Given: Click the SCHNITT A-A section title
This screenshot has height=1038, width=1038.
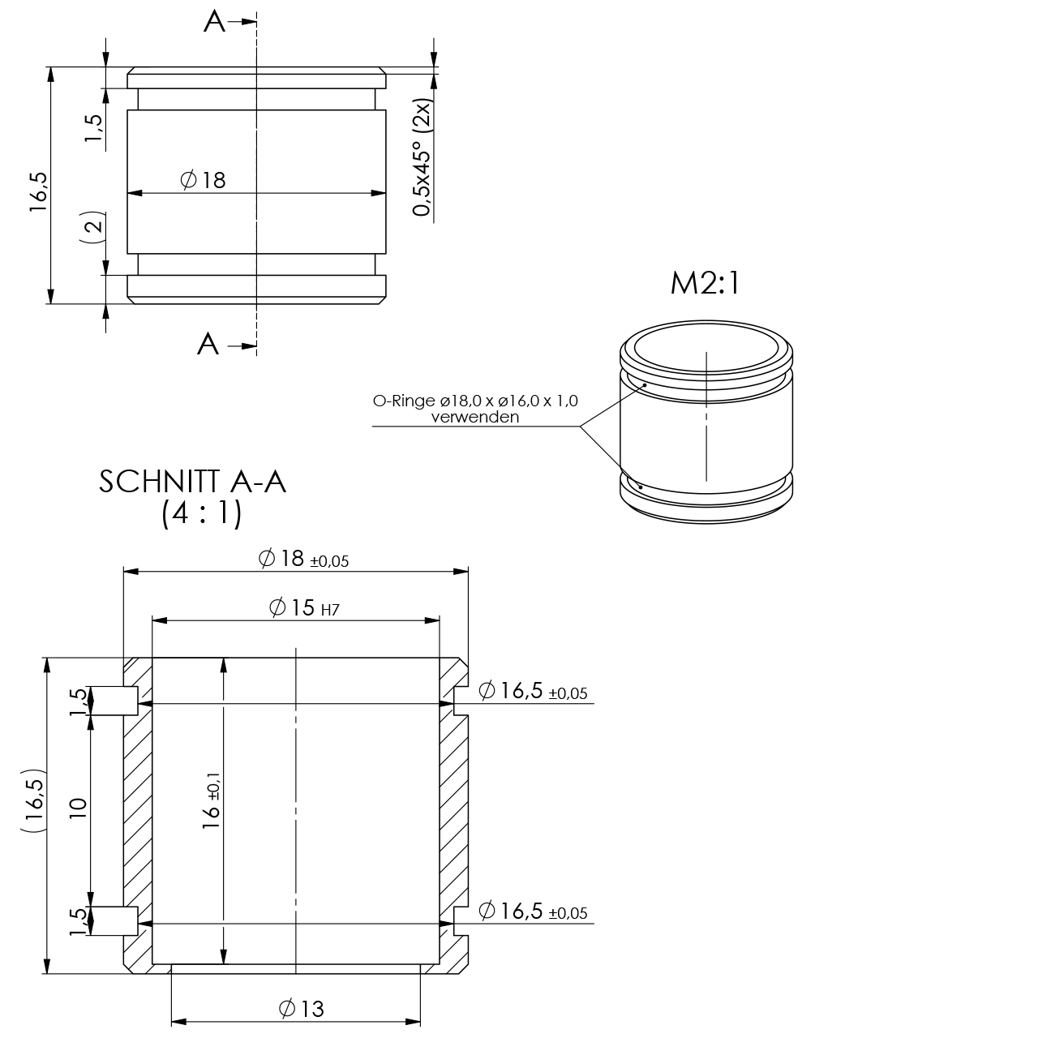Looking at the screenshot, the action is [x=192, y=481].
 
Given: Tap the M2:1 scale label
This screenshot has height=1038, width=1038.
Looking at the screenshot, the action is [x=706, y=283].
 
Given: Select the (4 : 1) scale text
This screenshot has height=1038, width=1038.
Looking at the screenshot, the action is [x=201, y=514].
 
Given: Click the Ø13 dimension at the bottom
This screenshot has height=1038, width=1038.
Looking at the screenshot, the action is [x=302, y=1008].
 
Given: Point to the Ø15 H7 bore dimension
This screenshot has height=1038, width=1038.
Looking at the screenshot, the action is [x=304, y=607].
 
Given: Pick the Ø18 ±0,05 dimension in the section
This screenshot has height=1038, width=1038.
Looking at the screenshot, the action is [x=304, y=559].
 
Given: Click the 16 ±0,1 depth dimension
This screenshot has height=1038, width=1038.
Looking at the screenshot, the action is [x=212, y=800].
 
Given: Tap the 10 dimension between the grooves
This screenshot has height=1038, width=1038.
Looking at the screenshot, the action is [x=78, y=809].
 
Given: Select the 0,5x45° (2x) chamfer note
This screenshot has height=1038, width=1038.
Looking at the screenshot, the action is [x=422, y=157].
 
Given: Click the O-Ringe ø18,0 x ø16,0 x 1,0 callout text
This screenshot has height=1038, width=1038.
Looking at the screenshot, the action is [x=475, y=401].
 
